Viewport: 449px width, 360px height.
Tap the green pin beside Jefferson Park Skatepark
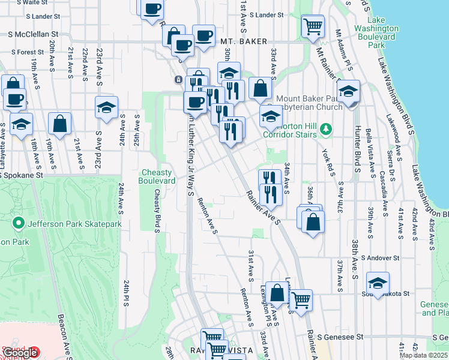pyautogui.click(x=18, y=224)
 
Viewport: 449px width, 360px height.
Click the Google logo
pyautogui.click(x=20, y=352)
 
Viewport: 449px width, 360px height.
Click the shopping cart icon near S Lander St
pyautogui.click(x=312, y=26)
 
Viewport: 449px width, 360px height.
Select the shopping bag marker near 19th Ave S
pyautogui.click(x=60, y=124)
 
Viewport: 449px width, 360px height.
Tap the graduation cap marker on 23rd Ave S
pyautogui.click(x=106, y=108)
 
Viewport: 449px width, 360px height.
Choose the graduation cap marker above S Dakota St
pyautogui.click(x=378, y=283)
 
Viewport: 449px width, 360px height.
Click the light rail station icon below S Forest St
pyautogui.click(x=178, y=80)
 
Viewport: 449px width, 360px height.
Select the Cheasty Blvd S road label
pyautogui.click(x=157, y=211)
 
